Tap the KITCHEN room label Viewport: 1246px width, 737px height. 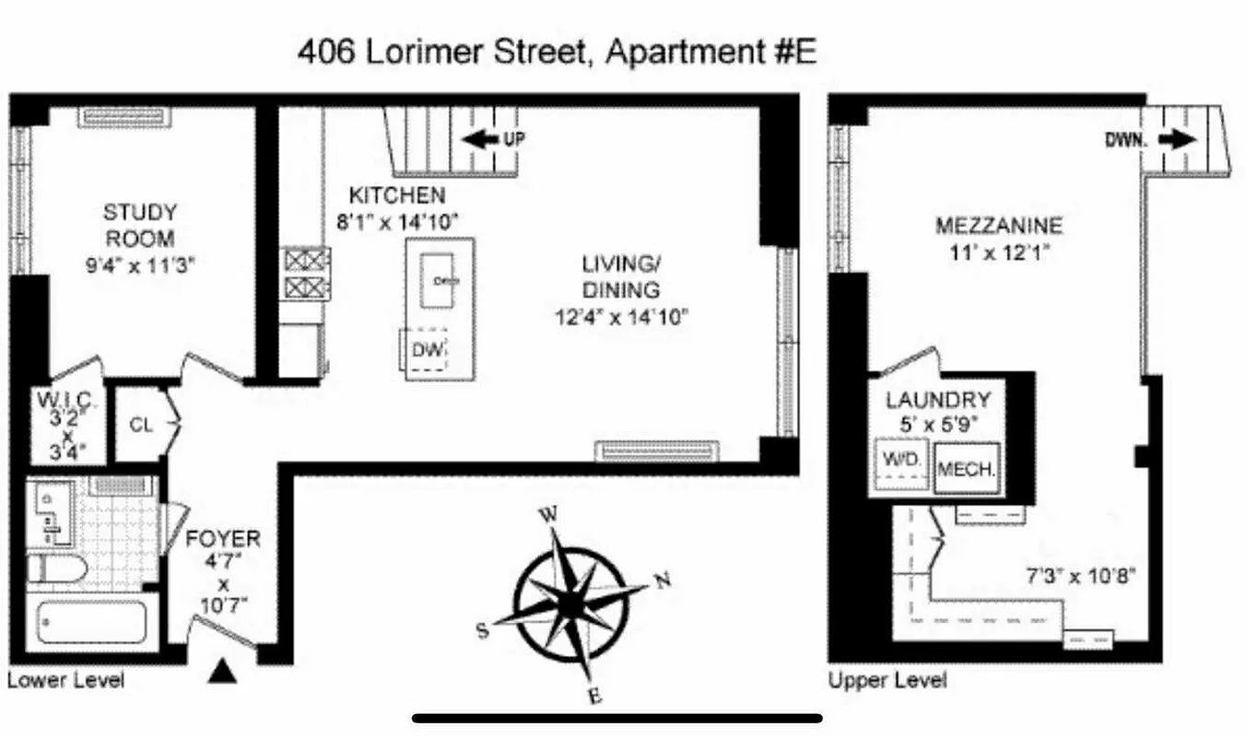coord(396,195)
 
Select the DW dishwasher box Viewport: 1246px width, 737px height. coord(429,350)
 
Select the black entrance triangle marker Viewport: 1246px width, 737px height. coord(221,672)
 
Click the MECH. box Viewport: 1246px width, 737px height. coord(966,468)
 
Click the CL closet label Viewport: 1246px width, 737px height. coord(140,426)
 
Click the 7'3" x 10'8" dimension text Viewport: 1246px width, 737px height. coord(1079,577)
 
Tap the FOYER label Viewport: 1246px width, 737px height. coord(223,538)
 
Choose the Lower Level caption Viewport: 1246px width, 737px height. coord(65,681)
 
